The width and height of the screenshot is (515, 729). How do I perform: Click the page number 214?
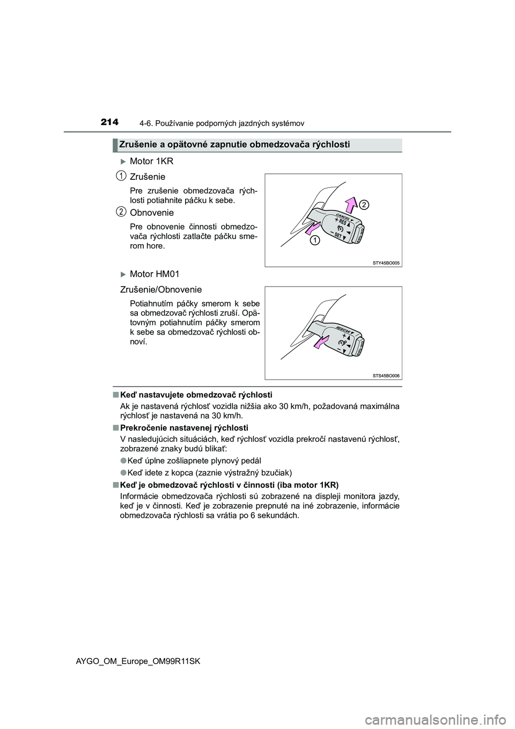click(x=108, y=122)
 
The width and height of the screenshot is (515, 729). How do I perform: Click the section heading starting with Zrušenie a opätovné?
click(x=234, y=144)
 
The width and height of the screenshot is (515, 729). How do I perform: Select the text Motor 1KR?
click(x=151, y=161)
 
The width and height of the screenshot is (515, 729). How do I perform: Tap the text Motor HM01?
click(x=154, y=274)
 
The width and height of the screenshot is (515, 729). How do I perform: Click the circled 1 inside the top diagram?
click(x=313, y=240)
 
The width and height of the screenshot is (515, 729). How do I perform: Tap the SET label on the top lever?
click(x=338, y=236)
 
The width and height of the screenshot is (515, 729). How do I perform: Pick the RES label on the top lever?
click(x=342, y=224)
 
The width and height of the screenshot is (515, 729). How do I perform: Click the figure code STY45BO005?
click(x=386, y=263)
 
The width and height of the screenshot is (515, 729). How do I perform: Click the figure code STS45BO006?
click(x=386, y=376)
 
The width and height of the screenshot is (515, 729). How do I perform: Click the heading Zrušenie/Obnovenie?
click(x=161, y=289)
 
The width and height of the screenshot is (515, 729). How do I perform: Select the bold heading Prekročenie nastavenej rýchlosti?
click(x=184, y=428)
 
